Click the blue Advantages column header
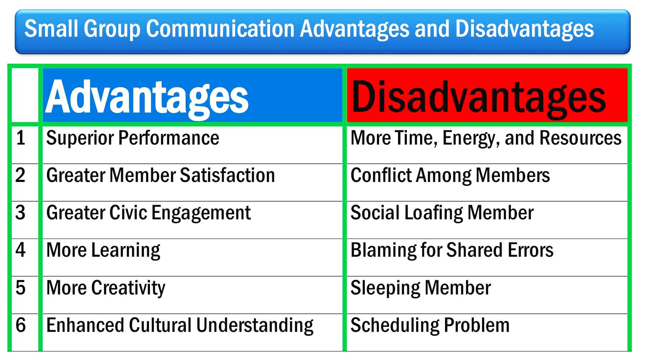tap(192, 95)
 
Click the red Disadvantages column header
tap(487, 95)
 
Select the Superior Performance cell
tap(192, 145)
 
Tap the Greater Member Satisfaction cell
tap(192, 182)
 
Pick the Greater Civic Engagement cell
tap(192, 220)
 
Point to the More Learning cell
tap(192, 257)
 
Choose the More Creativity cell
tap(192, 295)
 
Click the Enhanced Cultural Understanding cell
tap(192, 332)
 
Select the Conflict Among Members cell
tap(487, 182)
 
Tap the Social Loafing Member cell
tap(487, 220)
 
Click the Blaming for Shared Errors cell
tap(487, 257)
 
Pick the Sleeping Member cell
tap(487, 295)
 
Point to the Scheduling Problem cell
tap(487, 332)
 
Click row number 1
tap(21, 138)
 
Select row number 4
tap(21, 250)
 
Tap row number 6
tap(21, 325)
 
